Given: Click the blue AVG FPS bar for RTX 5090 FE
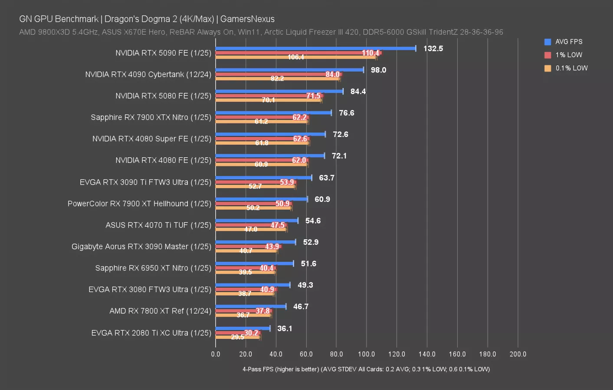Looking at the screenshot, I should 315,48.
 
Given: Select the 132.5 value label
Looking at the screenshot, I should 433,49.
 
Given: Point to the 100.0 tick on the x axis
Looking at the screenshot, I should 367,354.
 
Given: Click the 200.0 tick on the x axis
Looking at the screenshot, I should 518,354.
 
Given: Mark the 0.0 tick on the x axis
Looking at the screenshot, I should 216,354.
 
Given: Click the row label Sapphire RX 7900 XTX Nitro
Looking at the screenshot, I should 151,117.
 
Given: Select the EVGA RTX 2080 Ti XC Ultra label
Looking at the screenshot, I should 151,333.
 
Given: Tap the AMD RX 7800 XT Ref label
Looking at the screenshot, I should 160,311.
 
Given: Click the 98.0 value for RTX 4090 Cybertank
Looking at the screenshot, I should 378,70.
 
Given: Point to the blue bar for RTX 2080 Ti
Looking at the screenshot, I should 243,328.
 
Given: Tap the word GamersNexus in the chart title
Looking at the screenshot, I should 247,19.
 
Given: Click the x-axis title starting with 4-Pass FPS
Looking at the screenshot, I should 366,369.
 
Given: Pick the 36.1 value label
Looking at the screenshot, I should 285,328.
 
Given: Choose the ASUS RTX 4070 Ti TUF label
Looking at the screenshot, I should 158,225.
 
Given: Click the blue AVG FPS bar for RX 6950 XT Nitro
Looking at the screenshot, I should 254,263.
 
